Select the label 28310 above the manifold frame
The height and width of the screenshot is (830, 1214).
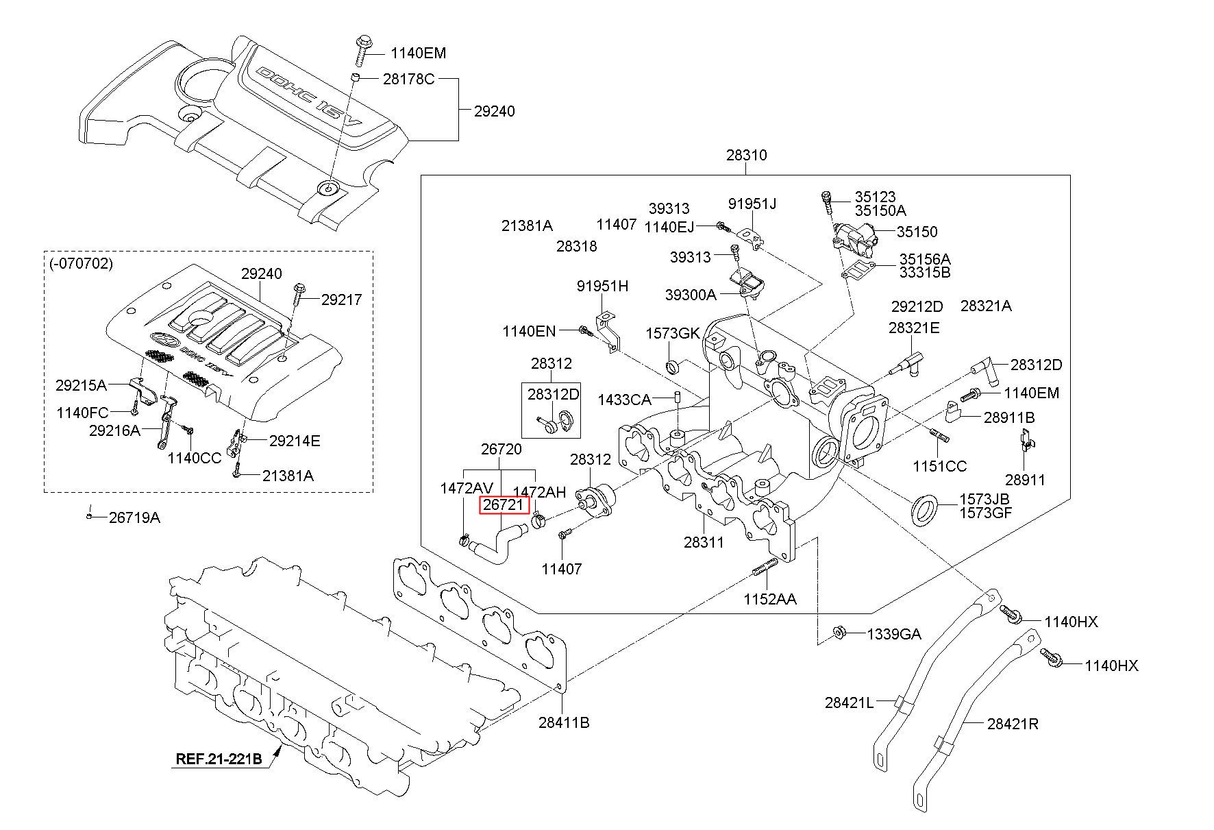tap(746, 156)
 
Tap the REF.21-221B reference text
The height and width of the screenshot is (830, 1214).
tap(219, 759)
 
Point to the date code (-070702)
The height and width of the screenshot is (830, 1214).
tap(81, 263)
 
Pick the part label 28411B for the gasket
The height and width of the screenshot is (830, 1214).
tap(563, 722)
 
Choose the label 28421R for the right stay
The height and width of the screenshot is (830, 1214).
tap(1013, 724)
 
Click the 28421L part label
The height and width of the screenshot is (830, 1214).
tap(849, 703)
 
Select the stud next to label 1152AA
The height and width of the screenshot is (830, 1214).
tap(765, 567)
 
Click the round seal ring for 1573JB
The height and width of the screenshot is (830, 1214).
tap(924, 509)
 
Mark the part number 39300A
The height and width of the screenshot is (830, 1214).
tap(690, 295)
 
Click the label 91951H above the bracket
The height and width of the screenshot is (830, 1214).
tap(602, 286)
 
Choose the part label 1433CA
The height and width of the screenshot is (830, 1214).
tap(624, 399)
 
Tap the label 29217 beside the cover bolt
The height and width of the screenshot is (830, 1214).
tap(341, 300)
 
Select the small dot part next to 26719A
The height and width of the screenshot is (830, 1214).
tap(89, 516)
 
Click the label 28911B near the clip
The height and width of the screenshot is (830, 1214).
tap(1009, 417)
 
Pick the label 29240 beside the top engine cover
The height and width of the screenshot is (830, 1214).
tap(494, 112)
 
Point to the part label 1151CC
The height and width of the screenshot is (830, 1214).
tap(939, 467)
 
